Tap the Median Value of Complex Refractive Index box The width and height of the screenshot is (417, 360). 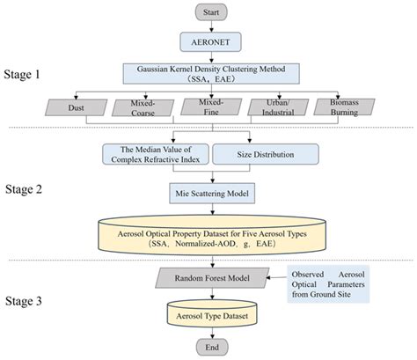coord(153,153)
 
